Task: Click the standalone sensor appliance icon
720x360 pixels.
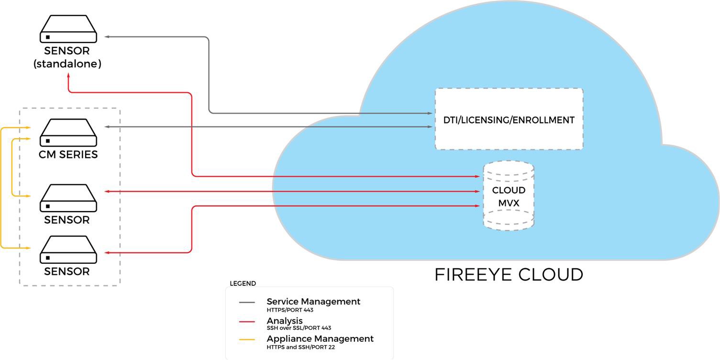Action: click(x=68, y=29)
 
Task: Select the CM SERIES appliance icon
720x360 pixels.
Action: click(x=68, y=133)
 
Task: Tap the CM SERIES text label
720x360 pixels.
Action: click(x=68, y=155)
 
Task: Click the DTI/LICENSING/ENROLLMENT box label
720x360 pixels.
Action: click(x=509, y=120)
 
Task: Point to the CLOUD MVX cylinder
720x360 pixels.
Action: click(x=509, y=196)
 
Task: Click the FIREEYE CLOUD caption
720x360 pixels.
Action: click(x=509, y=275)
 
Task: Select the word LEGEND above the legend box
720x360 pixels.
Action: click(x=243, y=283)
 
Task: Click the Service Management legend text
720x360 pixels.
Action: click(x=313, y=302)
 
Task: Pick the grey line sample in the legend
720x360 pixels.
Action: click(x=247, y=303)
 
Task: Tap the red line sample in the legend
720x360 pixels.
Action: click(x=247, y=321)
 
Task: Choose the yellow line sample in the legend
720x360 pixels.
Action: click(x=247, y=339)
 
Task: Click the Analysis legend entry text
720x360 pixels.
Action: click(x=285, y=321)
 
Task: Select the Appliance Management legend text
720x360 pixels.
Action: click(x=320, y=339)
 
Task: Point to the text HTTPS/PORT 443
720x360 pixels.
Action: click(x=290, y=310)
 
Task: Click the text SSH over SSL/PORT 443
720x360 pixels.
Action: click(x=299, y=328)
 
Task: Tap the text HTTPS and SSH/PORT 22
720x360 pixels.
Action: click(x=301, y=348)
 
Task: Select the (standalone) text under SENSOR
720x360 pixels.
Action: click(x=67, y=64)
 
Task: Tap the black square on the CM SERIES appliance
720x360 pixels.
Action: click(x=48, y=141)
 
